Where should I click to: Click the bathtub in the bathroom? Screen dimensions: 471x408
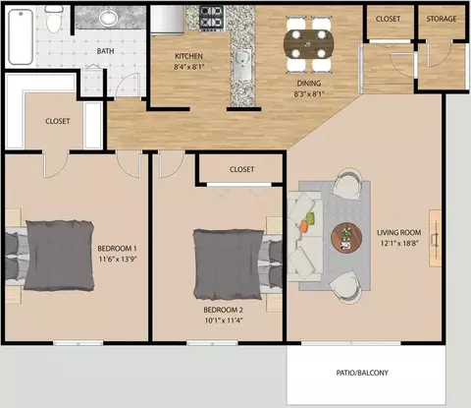pos(21,36)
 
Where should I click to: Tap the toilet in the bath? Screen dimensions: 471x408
pos(53,19)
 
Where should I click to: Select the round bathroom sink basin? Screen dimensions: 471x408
pos(109,17)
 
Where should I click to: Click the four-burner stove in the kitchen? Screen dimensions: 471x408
pos(212,18)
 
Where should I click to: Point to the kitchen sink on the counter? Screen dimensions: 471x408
pos(242,65)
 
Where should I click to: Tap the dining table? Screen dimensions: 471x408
pos(309,44)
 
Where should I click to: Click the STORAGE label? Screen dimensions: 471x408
pos(442,19)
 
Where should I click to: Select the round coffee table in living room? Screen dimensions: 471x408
pos(346,238)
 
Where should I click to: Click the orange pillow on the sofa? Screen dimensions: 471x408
pos(305,226)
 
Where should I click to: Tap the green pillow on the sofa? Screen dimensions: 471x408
pos(310,218)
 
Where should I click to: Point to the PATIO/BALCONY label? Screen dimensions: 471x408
pos(362,373)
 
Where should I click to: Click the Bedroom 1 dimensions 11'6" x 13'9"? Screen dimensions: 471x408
pos(118,259)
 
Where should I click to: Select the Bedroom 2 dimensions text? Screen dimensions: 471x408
pos(223,321)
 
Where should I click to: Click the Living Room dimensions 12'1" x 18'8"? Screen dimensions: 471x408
pos(399,243)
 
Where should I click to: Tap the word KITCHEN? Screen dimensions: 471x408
pos(188,56)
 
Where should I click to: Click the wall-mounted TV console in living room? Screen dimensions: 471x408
pos(436,238)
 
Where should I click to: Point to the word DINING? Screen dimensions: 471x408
pos(309,84)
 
